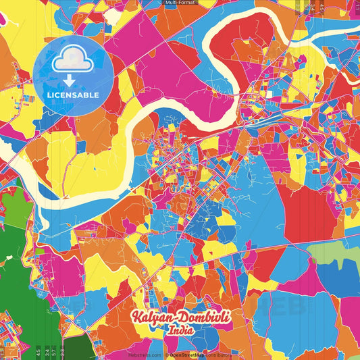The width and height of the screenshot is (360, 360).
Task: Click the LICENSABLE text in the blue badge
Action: point(73,95)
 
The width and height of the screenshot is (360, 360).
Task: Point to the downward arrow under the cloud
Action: point(69,81)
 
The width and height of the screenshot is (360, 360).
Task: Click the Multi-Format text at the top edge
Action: point(179,3)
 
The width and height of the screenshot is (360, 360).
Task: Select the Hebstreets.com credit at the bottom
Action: point(145,355)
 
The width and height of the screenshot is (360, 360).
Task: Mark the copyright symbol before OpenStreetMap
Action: point(166,355)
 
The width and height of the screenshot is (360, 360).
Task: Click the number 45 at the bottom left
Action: point(37,351)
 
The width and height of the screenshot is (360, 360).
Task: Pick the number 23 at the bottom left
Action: point(62,351)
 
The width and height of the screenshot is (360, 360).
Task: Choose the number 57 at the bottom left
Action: point(53,351)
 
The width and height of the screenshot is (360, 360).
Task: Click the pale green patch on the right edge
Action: point(334,253)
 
